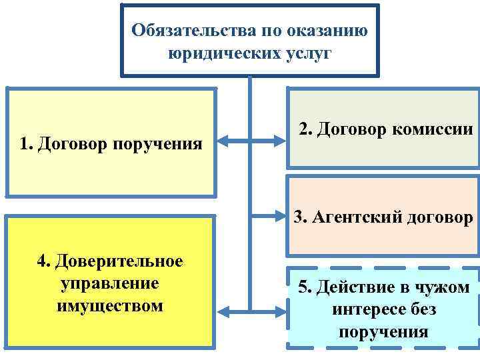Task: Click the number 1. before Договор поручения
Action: point(27,143)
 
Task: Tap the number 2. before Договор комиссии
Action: point(306,129)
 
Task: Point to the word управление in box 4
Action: point(110,283)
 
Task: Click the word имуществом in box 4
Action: point(110,306)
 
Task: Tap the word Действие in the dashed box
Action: point(357,287)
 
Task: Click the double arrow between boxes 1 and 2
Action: point(251,141)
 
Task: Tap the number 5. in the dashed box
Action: point(305,287)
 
